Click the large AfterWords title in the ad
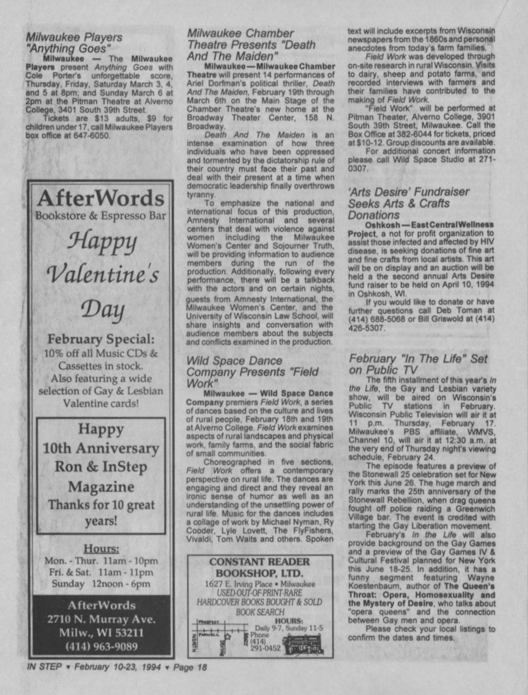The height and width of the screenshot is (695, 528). [101, 198]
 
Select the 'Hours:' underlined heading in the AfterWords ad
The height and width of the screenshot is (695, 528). [101, 548]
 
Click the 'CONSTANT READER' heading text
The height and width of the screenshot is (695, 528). [260, 562]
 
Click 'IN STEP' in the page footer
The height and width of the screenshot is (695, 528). [44, 667]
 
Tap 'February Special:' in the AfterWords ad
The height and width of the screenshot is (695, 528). [101, 339]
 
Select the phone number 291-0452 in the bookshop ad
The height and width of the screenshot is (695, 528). [266, 648]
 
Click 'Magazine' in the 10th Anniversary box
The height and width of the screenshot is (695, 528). [101, 486]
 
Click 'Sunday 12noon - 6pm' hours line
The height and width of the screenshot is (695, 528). [101, 584]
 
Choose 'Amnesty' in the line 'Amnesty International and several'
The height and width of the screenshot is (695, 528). [203, 220]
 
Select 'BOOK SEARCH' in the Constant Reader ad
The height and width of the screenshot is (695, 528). [260, 612]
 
